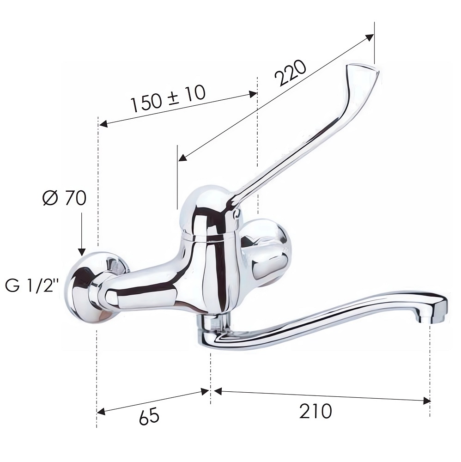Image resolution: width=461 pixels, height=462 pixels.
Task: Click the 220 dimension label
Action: pos(291,73)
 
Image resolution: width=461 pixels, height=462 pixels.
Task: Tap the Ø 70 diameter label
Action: pos(65,198)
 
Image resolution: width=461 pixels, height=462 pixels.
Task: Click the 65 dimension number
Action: pos(149,416)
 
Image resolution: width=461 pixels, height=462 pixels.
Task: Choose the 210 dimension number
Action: pos(315,411)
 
